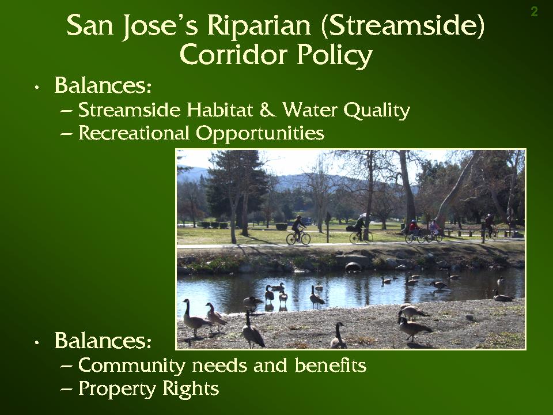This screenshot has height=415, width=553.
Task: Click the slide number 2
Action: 535,12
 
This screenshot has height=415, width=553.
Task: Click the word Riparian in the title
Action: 259,25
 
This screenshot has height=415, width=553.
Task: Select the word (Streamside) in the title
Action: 403,25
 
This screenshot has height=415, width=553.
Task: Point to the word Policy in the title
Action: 334,55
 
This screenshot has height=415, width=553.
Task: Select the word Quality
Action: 376,111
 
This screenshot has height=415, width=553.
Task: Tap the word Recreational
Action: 134,133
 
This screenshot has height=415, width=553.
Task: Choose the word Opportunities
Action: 260,134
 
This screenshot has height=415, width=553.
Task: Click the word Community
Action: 131,365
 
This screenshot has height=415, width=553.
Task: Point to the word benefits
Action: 331,365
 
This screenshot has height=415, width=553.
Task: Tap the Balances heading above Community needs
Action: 103,341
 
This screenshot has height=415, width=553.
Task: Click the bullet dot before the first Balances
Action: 37,88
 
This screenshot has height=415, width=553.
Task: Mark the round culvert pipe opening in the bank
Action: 353,267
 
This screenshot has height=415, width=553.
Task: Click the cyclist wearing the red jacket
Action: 414,229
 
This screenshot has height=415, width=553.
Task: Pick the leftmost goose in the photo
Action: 195,318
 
